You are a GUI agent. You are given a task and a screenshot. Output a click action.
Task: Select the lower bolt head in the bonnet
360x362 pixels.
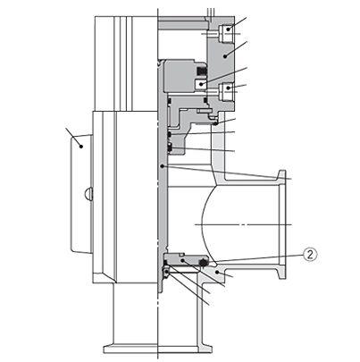pos(227,88)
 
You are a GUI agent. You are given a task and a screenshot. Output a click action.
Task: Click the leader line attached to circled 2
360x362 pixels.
pos(259,257)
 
